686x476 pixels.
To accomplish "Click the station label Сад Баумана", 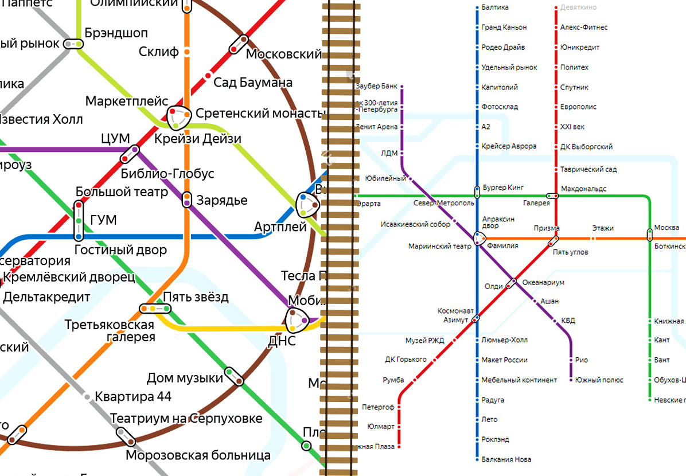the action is tap(253, 83).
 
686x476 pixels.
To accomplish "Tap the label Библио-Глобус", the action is tap(167, 173).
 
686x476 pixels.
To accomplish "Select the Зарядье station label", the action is tap(222, 201).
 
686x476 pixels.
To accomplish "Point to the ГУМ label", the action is tap(103, 220).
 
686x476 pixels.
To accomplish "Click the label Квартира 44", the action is tap(133, 396).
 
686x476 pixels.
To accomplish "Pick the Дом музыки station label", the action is tap(185, 378).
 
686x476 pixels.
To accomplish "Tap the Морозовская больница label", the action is tap(198, 456).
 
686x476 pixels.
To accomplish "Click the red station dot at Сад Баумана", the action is tap(208, 75).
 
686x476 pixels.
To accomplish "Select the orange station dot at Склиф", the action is tap(186, 52).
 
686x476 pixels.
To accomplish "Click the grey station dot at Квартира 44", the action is tap(87, 396).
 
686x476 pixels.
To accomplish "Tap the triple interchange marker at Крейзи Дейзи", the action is tap(178, 118).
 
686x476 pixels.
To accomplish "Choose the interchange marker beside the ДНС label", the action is tap(297, 320).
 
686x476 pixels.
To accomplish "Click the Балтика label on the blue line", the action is tap(495, 7).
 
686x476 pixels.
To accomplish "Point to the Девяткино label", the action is tap(578, 7).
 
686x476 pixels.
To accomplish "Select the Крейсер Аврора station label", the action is tap(509, 146).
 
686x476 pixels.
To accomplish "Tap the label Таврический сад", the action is tap(588, 170).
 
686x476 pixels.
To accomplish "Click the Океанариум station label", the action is tap(543, 283).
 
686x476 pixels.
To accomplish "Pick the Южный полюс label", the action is tap(600, 380).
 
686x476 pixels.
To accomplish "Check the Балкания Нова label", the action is tap(506, 459).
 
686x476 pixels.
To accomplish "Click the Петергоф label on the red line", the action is tap(378, 407).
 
